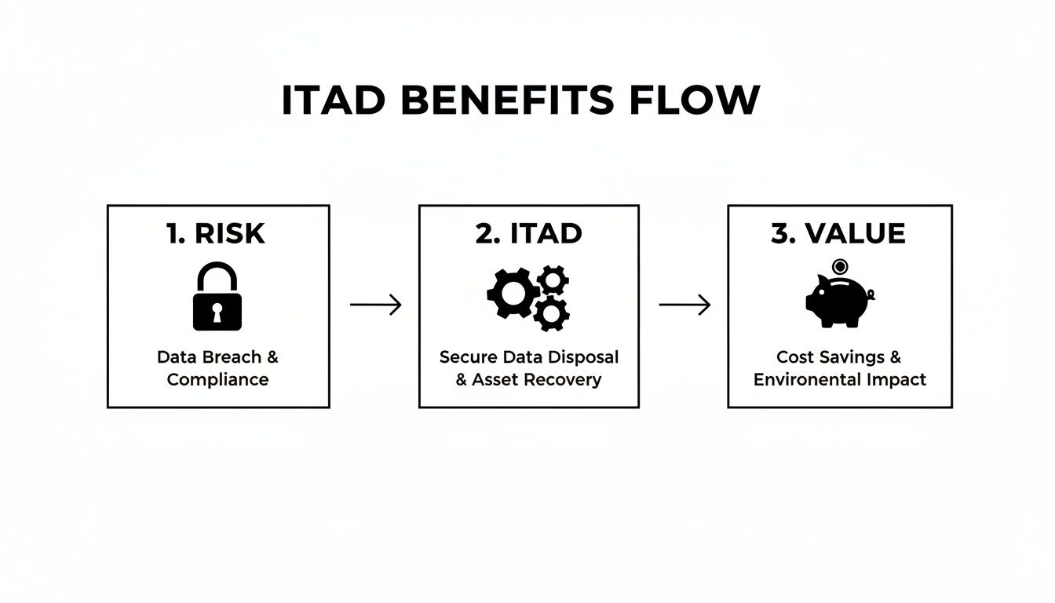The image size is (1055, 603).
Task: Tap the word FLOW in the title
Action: [695, 100]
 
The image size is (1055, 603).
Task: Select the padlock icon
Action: [217, 296]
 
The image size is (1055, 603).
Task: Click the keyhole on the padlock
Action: [217, 312]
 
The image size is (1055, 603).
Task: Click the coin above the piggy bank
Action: [840, 267]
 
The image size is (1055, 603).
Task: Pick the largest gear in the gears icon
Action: [513, 293]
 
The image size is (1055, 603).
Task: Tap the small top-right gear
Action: [553, 280]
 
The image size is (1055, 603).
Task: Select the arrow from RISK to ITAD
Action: [375, 305]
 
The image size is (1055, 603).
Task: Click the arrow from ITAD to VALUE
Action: [684, 305]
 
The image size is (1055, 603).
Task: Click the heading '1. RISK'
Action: [216, 233]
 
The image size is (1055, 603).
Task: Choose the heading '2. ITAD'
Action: [529, 233]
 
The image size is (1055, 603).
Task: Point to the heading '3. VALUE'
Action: [838, 233]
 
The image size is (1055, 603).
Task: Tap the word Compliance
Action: [217, 380]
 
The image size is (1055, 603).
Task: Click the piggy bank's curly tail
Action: [871, 295]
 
